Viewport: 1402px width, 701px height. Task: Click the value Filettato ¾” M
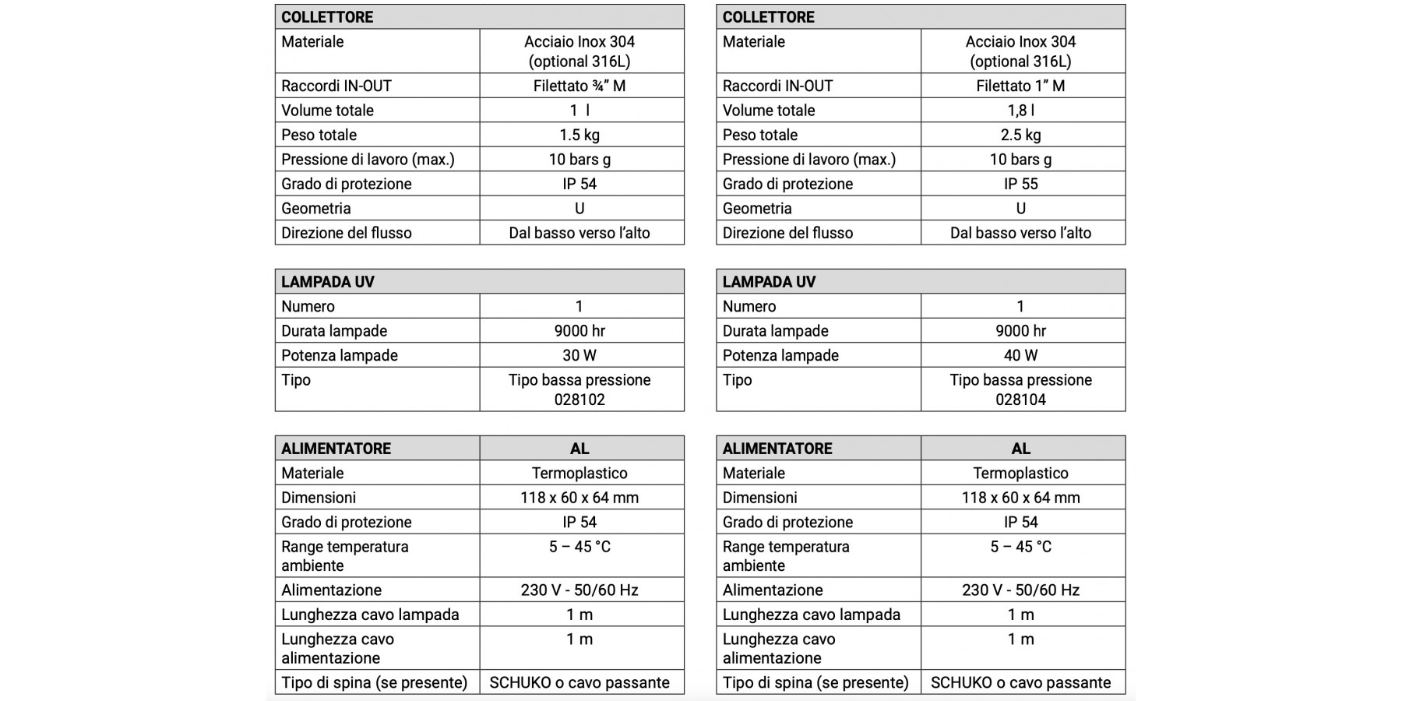(x=579, y=86)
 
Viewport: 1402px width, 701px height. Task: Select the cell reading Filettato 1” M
(x=1020, y=86)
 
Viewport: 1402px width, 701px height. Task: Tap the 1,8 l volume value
(x=1020, y=111)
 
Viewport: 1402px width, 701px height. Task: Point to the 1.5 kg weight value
(x=579, y=135)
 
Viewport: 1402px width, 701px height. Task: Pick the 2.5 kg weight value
(x=1020, y=135)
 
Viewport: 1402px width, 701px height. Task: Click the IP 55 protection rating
(x=1020, y=184)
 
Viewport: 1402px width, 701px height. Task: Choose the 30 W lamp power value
(x=579, y=355)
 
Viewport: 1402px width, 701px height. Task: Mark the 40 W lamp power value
(x=1020, y=355)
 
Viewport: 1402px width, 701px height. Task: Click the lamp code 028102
(x=579, y=400)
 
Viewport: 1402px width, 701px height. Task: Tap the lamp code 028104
(x=1020, y=400)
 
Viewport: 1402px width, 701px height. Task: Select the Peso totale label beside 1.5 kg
(x=319, y=135)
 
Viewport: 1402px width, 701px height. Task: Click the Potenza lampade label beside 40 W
(x=780, y=355)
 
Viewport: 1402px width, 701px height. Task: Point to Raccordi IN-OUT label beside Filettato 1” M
(x=777, y=86)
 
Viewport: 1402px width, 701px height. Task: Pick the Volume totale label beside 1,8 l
(x=769, y=111)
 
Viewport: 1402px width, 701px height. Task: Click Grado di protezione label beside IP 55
(x=787, y=184)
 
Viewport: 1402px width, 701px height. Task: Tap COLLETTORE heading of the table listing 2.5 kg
(x=769, y=17)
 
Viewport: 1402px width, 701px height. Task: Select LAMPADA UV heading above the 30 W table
(x=328, y=282)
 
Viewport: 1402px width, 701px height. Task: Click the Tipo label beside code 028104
(x=738, y=380)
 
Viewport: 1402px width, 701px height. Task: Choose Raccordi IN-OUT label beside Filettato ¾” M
(x=336, y=86)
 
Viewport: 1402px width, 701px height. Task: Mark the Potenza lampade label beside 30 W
(x=340, y=355)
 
